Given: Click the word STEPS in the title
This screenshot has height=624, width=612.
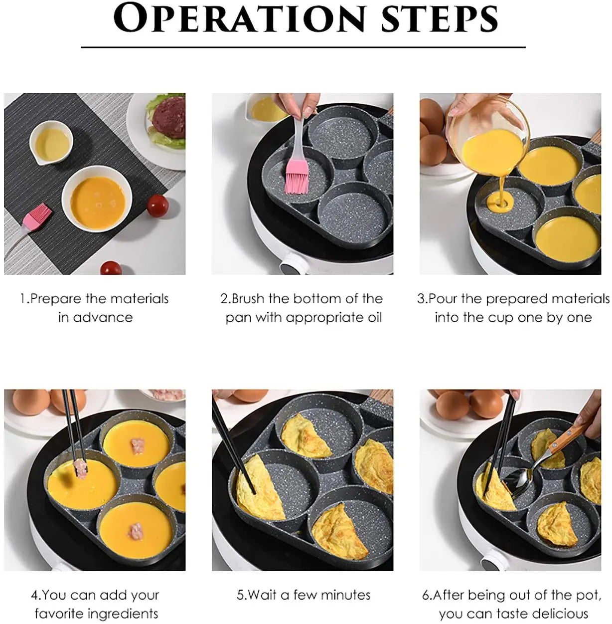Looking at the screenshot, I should click(x=440, y=19).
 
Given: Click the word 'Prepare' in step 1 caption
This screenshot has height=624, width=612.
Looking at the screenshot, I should click(x=56, y=299).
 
